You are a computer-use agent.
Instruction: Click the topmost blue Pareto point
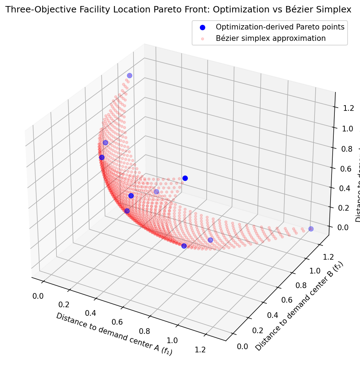[130, 75]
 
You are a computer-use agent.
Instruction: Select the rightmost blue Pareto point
[311, 229]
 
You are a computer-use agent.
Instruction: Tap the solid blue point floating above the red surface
[185, 178]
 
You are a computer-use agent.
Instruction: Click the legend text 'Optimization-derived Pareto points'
[280, 27]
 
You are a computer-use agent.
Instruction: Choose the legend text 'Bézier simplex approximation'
[271, 38]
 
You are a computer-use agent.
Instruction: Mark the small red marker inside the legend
[202, 38]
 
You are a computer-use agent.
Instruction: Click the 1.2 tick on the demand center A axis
[200, 350]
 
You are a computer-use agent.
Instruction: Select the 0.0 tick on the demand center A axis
[38, 296]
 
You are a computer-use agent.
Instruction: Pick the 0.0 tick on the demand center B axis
[242, 346]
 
